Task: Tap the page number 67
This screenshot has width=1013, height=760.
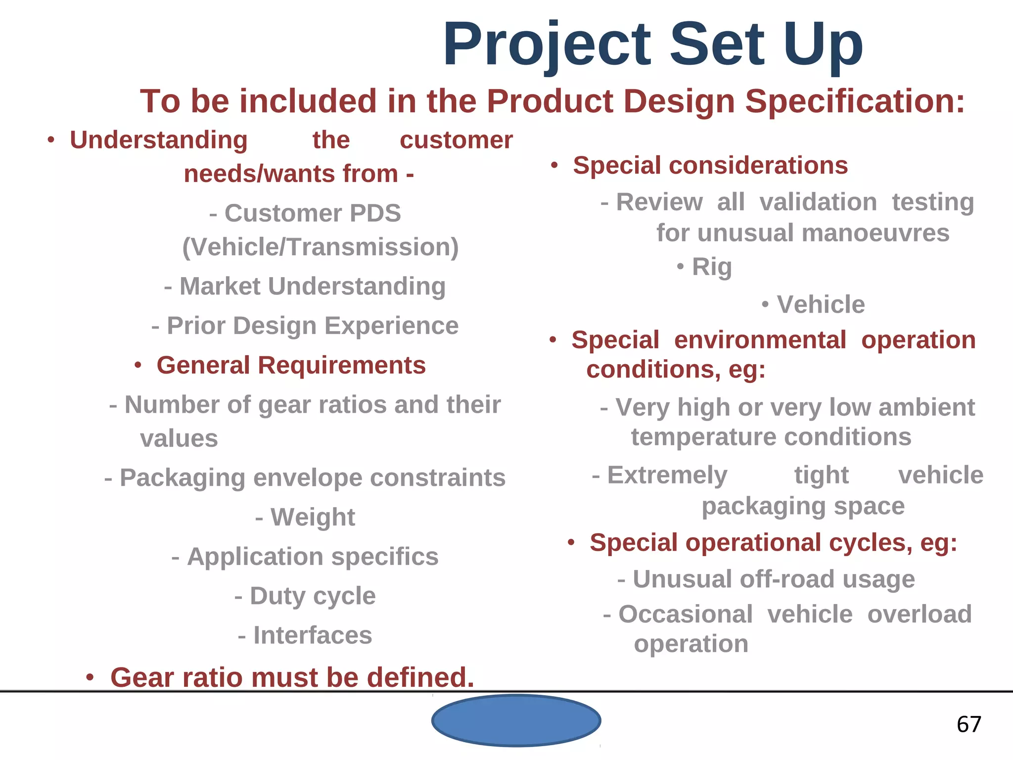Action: pos(968,724)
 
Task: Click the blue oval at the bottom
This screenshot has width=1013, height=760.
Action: pos(516,720)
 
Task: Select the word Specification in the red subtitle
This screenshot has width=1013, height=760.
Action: pos(855,101)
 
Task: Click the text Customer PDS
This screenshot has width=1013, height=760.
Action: pos(312,213)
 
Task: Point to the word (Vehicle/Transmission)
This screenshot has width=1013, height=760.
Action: pos(321,247)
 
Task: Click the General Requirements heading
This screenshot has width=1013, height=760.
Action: pos(291,366)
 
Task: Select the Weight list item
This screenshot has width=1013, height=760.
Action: pos(312,518)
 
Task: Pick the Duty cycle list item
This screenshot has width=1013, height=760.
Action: pos(312,596)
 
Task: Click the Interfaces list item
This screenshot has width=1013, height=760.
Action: pos(312,635)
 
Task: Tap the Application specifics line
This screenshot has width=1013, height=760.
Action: pos(312,557)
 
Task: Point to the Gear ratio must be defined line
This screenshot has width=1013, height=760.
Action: pos(292,677)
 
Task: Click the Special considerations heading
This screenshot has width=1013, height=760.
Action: pos(710,165)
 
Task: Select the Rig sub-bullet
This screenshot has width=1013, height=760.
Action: pos(711,267)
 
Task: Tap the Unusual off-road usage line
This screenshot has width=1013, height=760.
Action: pos(774,579)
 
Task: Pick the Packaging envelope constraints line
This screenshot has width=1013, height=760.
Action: pos(312,478)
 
